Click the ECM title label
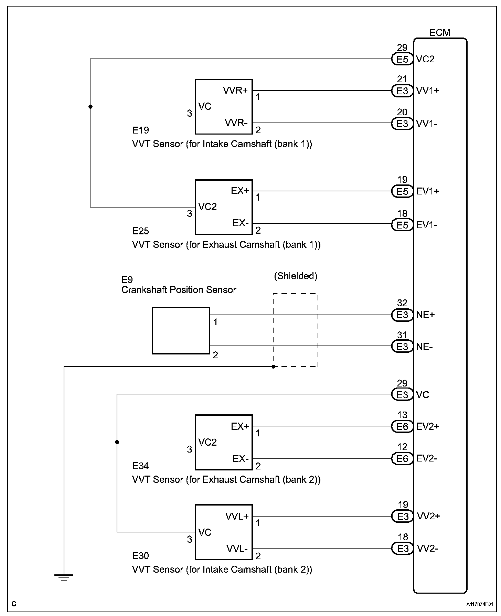pos(440,33)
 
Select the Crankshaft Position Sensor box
pos(181,331)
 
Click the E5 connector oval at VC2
pos(402,59)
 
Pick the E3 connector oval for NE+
pos(402,315)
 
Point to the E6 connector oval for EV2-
pos(402,458)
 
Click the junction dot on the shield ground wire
pos(273,367)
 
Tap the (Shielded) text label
pos(296,276)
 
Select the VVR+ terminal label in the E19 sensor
pos(235,91)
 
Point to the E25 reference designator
pos(140,231)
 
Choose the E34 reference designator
pos(140,466)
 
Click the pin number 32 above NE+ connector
pos(402,303)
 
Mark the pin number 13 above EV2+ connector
pos(402,415)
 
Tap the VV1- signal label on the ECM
pos(427,124)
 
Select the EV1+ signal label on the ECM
pos(428,191)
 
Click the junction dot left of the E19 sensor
pos(90,107)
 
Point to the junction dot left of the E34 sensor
pos(117,442)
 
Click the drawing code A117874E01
pos(480,604)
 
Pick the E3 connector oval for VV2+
pos(402,516)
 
